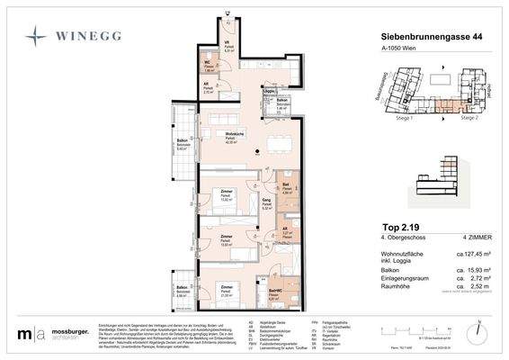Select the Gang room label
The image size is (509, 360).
pyautogui.click(x=266, y=200)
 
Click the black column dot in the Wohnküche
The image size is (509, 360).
pyautogui.click(x=257, y=151)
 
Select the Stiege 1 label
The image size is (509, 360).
pyautogui.click(x=398, y=117)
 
